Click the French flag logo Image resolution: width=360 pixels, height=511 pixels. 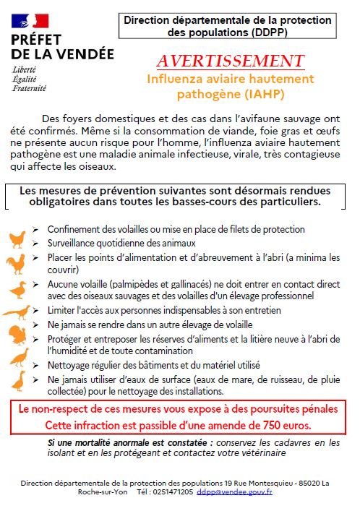tap(30, 21)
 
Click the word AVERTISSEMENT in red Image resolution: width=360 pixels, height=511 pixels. tap(231, 61)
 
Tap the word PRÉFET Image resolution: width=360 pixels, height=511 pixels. tap(36, 40)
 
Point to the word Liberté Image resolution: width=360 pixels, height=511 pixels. tap(24, 69)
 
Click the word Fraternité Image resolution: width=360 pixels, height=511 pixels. tap(29, 88)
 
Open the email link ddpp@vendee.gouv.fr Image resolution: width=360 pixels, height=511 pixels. tap(234, 491)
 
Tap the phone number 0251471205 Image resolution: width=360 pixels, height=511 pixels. tap(173, 491)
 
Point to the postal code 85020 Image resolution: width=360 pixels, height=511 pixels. tap(309, 483)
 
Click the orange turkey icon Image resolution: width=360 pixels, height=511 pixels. tap(17, 335)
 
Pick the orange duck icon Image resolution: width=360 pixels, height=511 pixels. tap(18, 290)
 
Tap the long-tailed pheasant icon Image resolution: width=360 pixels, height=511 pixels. tap(17, 312)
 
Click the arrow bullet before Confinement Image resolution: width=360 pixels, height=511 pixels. tap(35, 230)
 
